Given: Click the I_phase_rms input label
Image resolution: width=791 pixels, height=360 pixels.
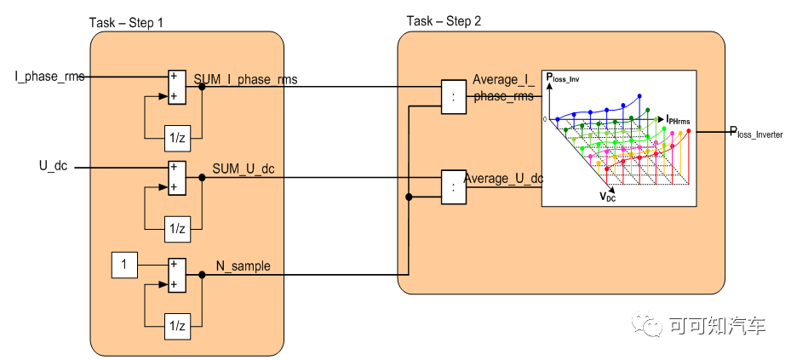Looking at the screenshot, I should pyautogui.click(x=50, y=77).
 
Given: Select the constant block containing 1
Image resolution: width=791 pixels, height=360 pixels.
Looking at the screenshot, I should pyautogui.click(x=125, y=266).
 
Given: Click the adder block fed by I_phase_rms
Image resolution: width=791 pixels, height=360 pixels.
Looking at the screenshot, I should pyautogui.click(x=176, y=86).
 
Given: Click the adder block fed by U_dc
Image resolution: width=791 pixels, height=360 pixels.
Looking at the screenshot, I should pyautogui.click(x=176, y=177).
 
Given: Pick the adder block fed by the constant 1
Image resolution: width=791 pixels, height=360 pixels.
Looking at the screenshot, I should pyautogui.click(x=176, y=274).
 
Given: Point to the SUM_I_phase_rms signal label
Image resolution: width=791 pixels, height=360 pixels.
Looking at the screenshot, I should pyautogui.click(x=245, y=78).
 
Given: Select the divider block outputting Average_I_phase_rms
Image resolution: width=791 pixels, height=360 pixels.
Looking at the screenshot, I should pyautogui.click(x=454, y=96).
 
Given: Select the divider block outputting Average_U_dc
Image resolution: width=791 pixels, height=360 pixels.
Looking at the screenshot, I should pyautogui.click(x=454, y=187).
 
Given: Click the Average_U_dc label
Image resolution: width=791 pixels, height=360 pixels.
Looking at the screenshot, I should pyautogui.click(x=503, y=179).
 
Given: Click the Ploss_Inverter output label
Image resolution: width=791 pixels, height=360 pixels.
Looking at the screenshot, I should pyautogui.click(x=755, y=132).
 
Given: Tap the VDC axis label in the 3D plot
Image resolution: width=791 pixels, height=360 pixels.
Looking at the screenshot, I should pyautogui.click(x=608, y=197).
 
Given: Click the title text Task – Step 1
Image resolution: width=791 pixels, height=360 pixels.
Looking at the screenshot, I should pyautogui.click(x=127, y=21).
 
